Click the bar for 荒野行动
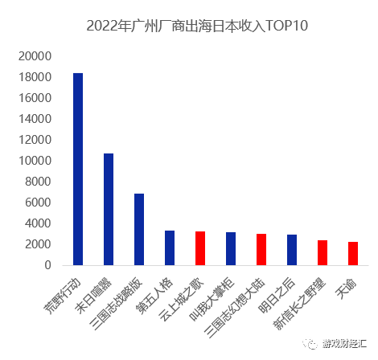[78, 169]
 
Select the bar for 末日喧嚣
[109, 209]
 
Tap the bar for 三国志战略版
[139, 229]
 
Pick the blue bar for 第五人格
[170, 247]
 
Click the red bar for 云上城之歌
[200, 248]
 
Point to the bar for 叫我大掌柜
[231, 248]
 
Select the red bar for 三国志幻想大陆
[261, 249]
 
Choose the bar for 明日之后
[292, 250]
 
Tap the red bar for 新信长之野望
[323, 252]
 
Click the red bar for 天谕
[353, 253]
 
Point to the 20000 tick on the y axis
[35, 56]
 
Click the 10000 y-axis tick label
[35, 161]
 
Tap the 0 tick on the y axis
[48, 265]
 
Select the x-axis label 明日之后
[278, 294]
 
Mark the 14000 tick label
[35, 119]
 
